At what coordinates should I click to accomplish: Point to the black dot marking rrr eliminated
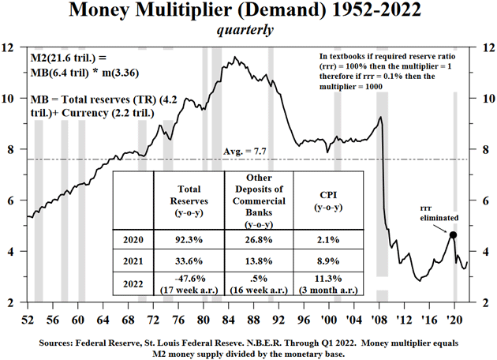[x=453, y=235]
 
